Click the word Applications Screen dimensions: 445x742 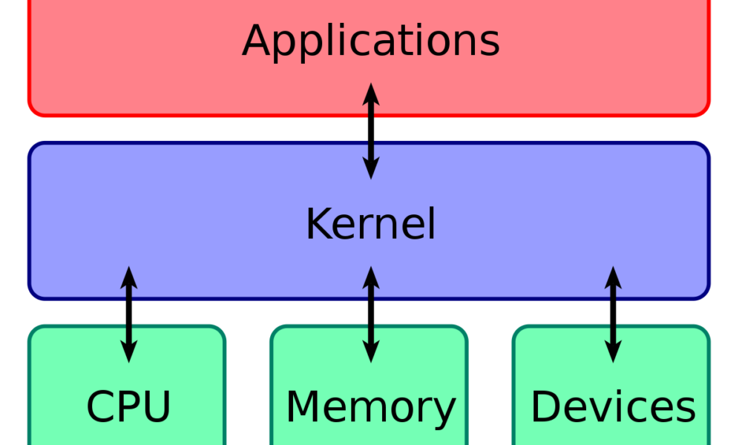tap(371, 40)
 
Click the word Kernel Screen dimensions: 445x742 tap(370, 223)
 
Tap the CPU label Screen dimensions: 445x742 tap(128, 406)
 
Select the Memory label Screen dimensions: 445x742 tap(370, 407)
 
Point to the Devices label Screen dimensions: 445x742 tap(613, 406)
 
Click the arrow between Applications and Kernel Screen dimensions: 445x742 tap(371, 132)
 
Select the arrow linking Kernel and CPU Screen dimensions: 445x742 tap(129, 314)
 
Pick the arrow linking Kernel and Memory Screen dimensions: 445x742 tap(371, 314)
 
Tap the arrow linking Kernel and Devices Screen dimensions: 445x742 tap(613, 314)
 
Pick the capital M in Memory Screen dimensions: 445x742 tap(305, 406)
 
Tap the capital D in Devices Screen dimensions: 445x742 tap(546, 406)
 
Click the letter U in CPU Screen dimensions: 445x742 tap(157, 406)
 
